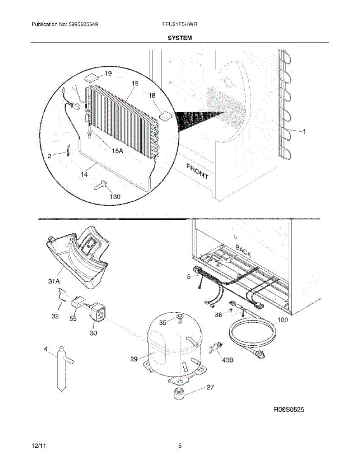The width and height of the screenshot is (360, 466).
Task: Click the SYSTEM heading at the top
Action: pos(180,38)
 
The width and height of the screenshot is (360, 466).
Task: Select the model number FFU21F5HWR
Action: pos(180,24)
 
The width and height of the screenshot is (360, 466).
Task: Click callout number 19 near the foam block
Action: pos(108,73)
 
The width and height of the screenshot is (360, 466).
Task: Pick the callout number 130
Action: pos(115,196)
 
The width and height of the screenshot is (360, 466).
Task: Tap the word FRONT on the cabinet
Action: pos(197,171)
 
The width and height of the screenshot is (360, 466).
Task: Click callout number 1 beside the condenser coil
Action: pos(304,132)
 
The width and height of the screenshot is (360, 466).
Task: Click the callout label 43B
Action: pos(228,360)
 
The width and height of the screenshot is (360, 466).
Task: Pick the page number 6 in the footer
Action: pos(180,446)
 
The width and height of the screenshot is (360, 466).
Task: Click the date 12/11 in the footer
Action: pos(37,446)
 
